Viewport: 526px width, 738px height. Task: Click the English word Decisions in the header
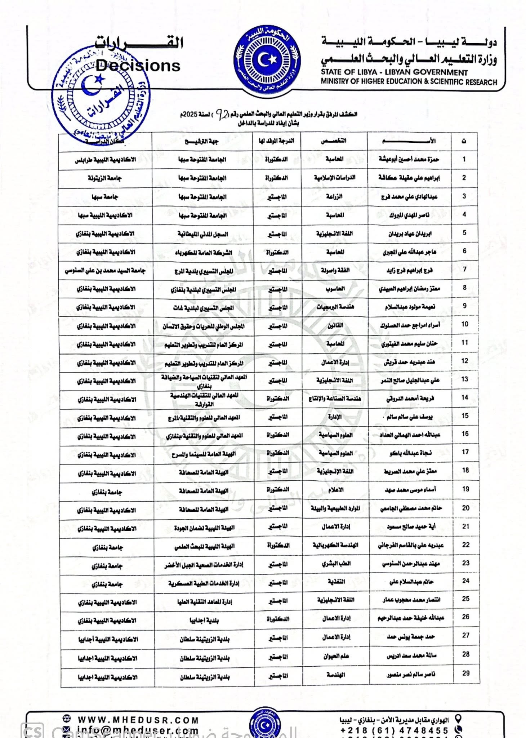tap(138, 66)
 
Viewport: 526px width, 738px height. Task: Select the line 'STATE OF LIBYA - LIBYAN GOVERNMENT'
tap(394, 72)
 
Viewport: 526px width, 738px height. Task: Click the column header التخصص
tap(334, 141)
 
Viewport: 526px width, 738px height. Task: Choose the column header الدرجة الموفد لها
tap(276, 141)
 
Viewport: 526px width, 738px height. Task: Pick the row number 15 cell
tap(465, 416)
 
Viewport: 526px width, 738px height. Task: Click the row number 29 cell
tap(466, 673)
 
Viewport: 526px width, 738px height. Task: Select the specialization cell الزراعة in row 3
tap(334, 196)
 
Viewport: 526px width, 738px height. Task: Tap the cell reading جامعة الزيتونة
tap(105, 178)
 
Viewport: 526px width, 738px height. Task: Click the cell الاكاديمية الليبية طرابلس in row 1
tap(105, 159)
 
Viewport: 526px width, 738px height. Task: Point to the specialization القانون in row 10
tap(335, 325)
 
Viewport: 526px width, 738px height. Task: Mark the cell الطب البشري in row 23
tap(336, 564)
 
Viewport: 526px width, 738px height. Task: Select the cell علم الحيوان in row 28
tap(336, 656)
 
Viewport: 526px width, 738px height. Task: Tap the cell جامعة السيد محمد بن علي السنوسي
tap(105, 270)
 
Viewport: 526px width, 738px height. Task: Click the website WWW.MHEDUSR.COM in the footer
tap(138, 720)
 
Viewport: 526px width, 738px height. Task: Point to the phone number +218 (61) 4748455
tap(394, 730)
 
